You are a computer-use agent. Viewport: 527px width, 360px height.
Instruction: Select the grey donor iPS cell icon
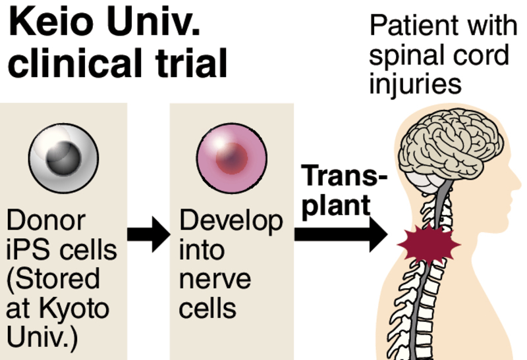(x=64, y=158)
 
